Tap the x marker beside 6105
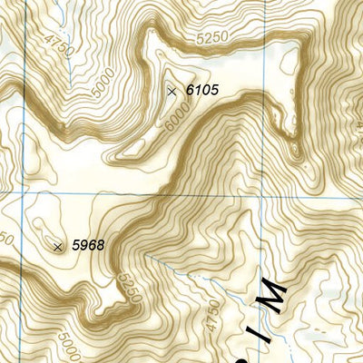172,91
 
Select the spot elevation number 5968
88,245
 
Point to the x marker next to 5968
58,246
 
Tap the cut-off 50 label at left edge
5,239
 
